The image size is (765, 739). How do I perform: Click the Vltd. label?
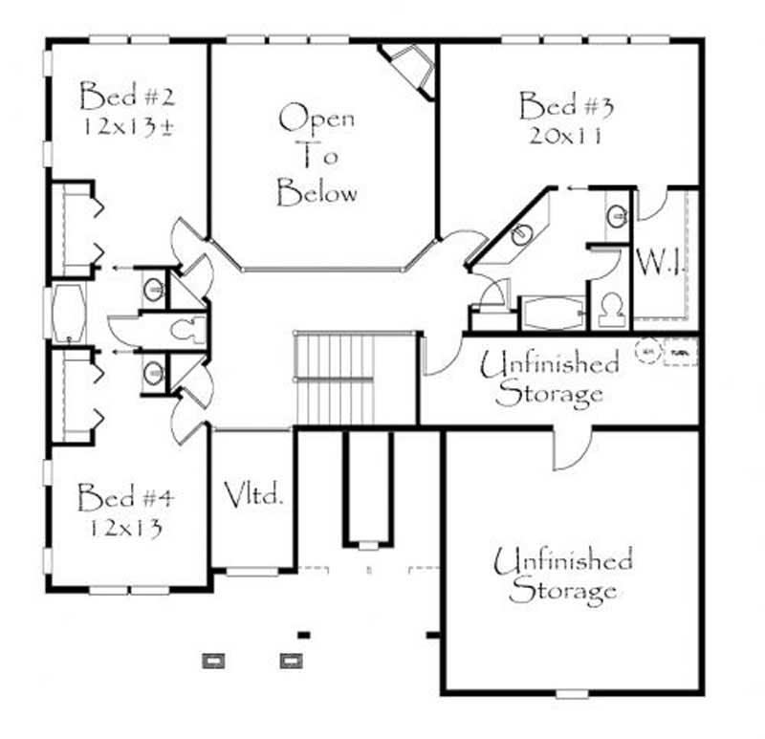pyautogui.click(x=254, y=495)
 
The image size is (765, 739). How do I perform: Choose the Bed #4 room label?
pyautogui.click(x=125, y=497)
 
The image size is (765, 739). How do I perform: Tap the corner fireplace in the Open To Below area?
pyautogui.click(x=410, y=67)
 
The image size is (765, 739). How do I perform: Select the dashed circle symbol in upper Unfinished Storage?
pyautogui.click(x=647, y=350)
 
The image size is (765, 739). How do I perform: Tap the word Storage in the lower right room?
pyautogui.click(x=562, y=590)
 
